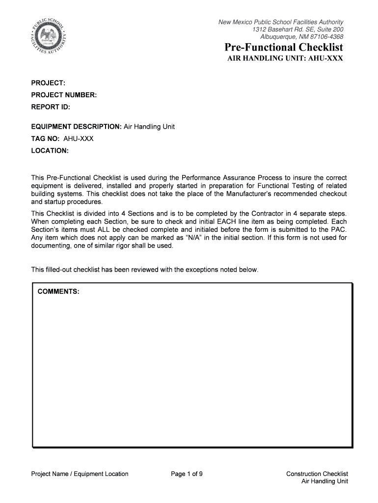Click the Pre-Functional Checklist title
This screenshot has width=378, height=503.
pos(284,48)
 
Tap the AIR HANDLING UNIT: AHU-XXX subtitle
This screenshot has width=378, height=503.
pos(284,58)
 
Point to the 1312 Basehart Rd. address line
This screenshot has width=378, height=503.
pos(297,29)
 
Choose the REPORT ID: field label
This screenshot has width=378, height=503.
pos(51,106)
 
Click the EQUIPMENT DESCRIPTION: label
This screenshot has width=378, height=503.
pos(76,127)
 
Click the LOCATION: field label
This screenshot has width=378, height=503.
pos(50,150)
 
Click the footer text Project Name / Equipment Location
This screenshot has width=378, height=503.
pos(80,474)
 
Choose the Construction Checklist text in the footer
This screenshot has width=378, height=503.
pos(317,474)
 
